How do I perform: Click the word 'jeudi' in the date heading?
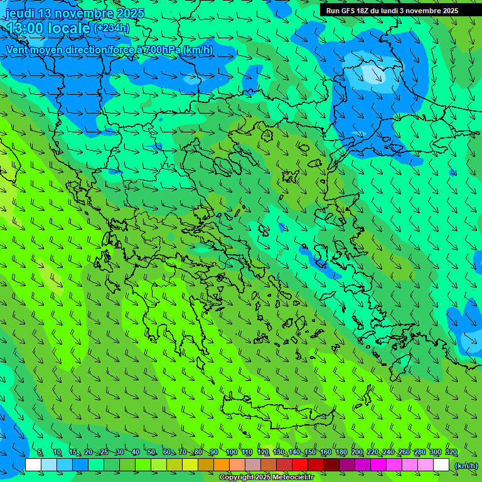coord(20,13)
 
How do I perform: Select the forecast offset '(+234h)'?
coord(112,28)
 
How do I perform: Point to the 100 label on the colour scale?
coord(231,452)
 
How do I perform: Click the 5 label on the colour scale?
coord(40,452)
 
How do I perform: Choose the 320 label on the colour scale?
coord(451,452)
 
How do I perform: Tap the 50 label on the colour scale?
coord(151,452)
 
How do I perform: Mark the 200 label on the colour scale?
coord(357,452)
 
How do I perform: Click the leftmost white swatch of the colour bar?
coord(33,465)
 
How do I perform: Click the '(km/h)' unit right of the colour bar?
coord(466,466)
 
